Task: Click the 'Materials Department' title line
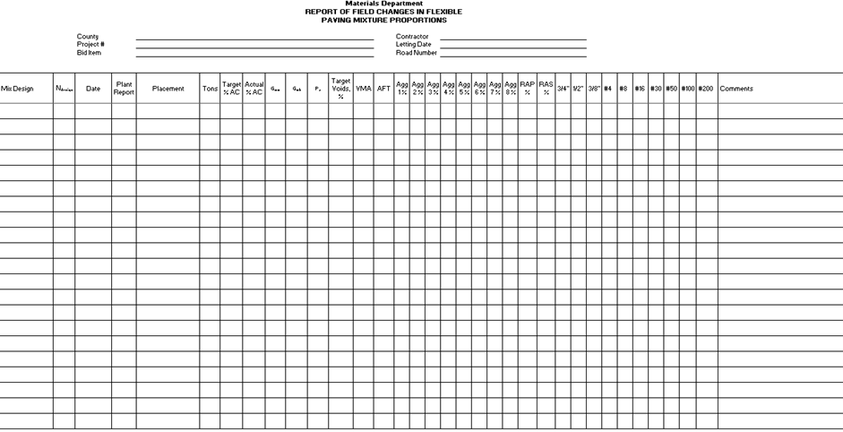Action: [x=383, y=4]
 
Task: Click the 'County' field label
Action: [x=88, y=37]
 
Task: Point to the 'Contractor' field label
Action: [x=413, y=37]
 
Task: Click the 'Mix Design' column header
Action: [x=17, y=89]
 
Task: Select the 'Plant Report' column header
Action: [x=124, y=89]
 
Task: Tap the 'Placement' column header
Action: [x=168, y=89]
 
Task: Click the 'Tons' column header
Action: [x=210, y=89]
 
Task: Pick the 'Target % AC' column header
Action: [x=231, y=89]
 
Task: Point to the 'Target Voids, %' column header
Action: [x=340, y=88]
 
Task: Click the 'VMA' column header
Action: [x=363, y=89]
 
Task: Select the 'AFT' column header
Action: [x=383, y=89]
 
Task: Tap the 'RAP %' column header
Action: [x=528, y=88]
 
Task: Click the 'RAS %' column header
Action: [x=546, y=88]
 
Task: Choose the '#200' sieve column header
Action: [x=706, y=89]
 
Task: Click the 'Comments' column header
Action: [x=736, y=89]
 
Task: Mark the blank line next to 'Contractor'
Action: [x=512, y=39]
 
